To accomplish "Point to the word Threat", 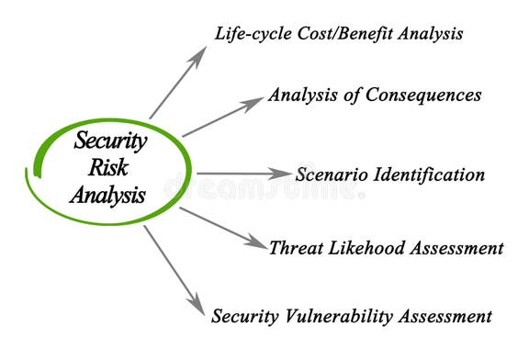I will (293, 248).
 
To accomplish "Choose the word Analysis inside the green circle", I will (107, 194).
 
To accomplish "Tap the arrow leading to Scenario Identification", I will (243, 173).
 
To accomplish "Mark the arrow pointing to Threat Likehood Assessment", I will (222, 227).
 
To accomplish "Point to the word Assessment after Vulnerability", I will (448, 317).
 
